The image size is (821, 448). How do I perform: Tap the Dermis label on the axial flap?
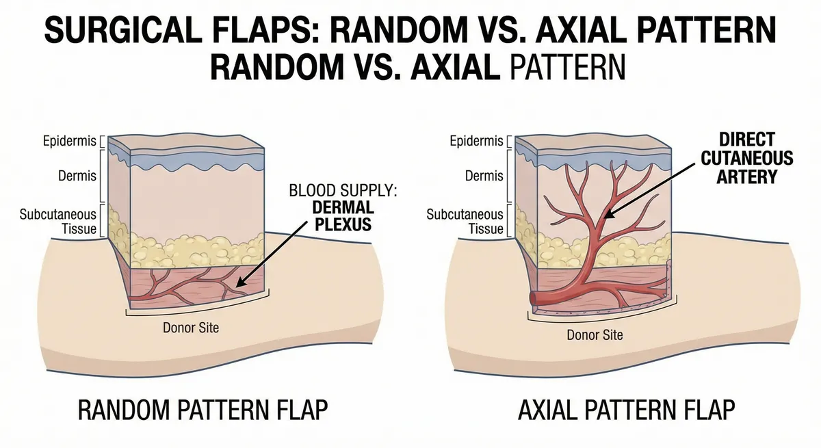click(484, 176)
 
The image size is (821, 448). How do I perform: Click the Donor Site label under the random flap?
click(191, 327)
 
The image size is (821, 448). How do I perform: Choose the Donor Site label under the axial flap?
click(595, 335)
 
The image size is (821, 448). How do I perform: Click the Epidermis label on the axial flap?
click(477, 142)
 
